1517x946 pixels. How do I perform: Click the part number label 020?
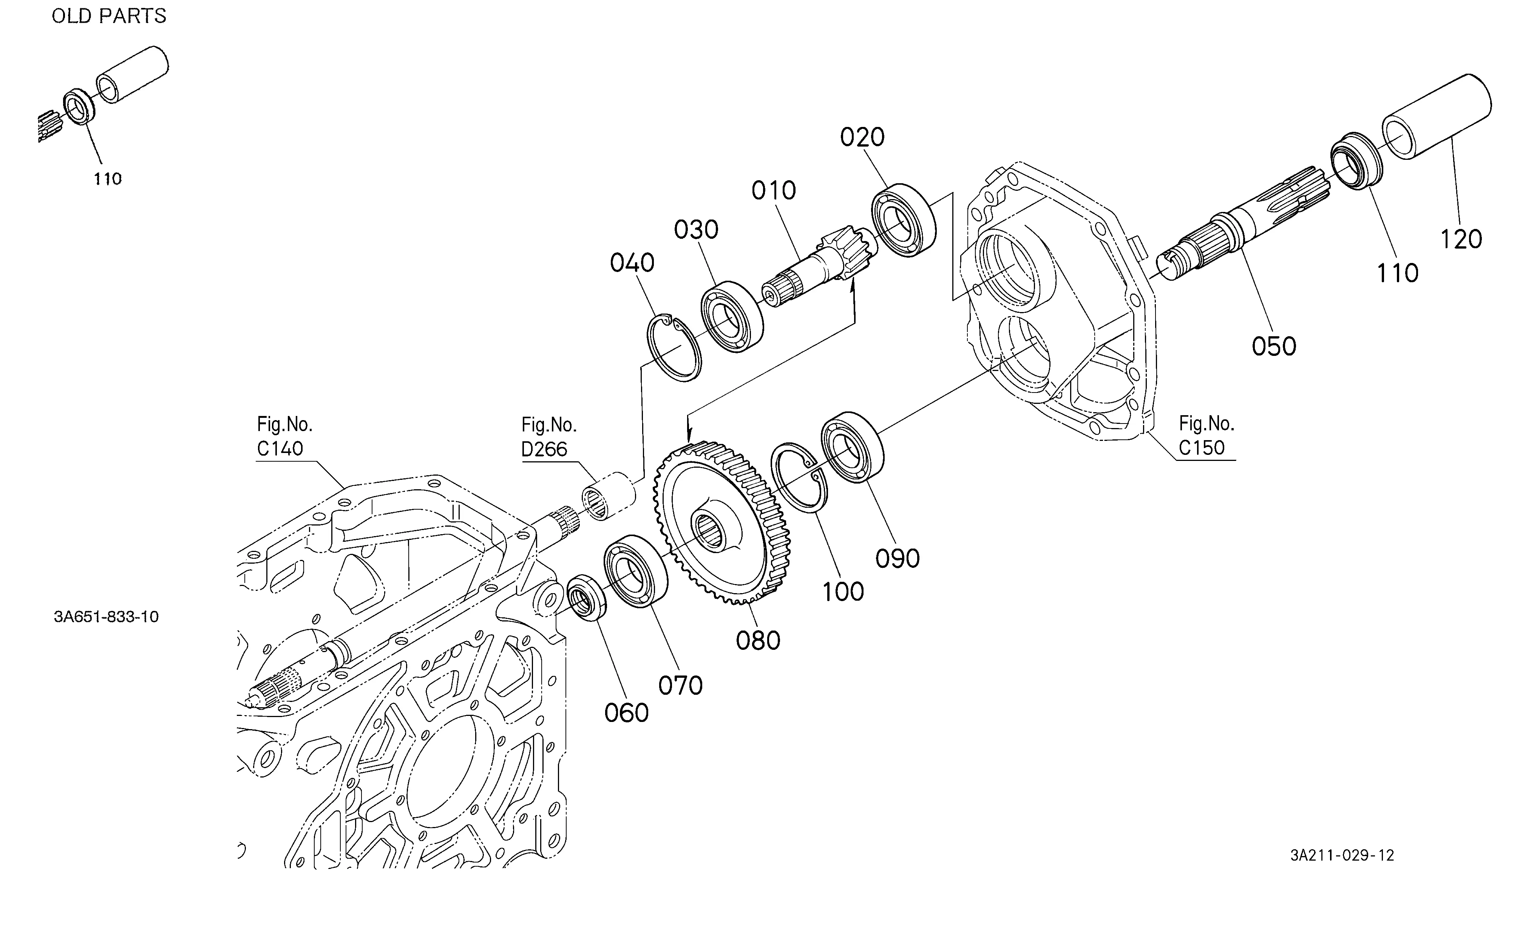click(862, 137)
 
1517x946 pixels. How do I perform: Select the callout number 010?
click(774, 190)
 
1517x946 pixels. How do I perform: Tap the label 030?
click(696, 230)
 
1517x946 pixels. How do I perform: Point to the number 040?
click(632, 263)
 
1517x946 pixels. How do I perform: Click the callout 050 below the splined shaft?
click(1274, 346)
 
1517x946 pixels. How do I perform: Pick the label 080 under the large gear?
click(758, 640)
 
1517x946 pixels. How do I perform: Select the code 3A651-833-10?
click(107, 617)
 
